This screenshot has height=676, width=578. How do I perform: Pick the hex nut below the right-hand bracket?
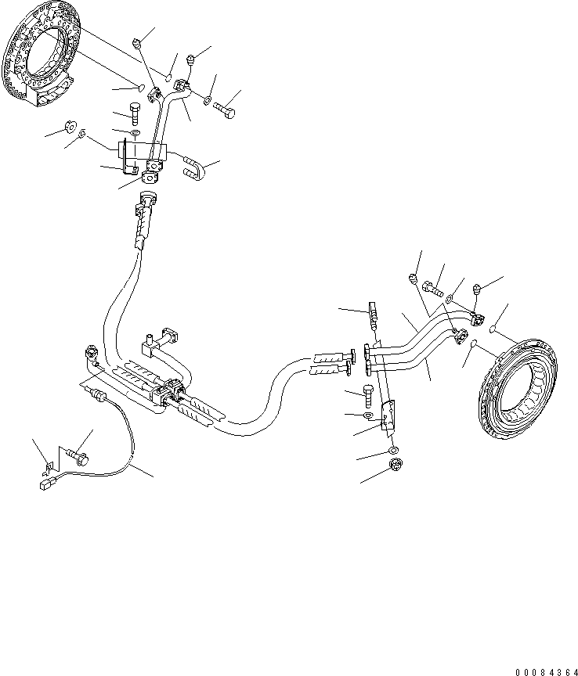(x=396, y=468)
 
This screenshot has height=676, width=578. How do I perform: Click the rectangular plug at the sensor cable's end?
(x=45, y=485)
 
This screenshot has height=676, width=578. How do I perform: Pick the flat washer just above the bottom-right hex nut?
(x=393, y=451)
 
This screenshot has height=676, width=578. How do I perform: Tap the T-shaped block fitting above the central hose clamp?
(x=165, y=337)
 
